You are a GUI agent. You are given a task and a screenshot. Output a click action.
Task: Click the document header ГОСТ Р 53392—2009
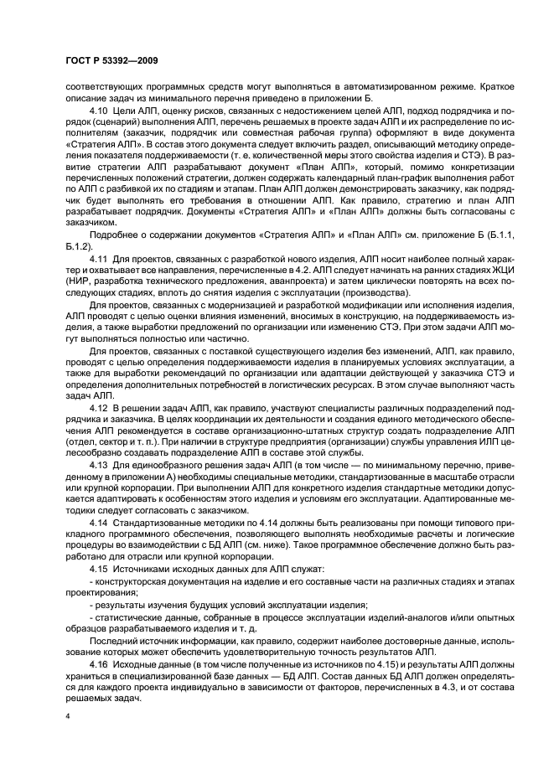[111, 61]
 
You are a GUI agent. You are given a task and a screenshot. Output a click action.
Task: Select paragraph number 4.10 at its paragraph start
[97, 111]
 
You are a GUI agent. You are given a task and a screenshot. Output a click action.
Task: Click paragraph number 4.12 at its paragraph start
[97, 406]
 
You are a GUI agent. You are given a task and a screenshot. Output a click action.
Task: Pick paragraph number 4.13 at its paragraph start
[97, 462]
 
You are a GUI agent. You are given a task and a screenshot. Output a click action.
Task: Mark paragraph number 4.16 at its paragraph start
[97, 662]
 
